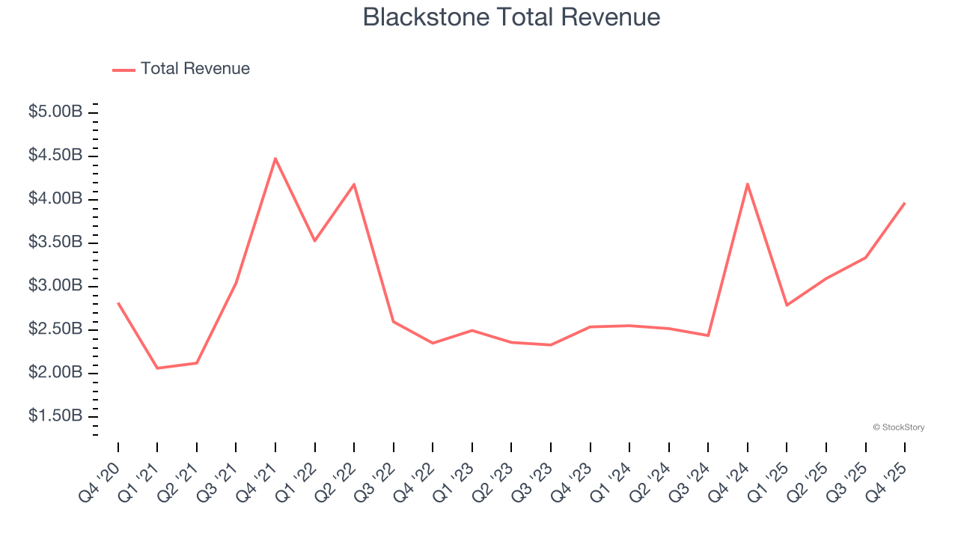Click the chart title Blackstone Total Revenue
[x=511, y=17]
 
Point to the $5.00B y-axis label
[x=55, y=112]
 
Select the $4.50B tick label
[x=55, y=156]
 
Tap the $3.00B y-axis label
[x=55, y=286]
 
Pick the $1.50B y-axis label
[x=55, y=416]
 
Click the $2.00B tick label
[x=55, y=373]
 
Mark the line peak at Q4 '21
[x=275, y=159]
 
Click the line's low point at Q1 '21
[x=157, y=368]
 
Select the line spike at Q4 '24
[x=748, y=183]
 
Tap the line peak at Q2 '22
[x=354, y=184]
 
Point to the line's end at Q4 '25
[x=905, y=203]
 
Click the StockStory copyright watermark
[x=899, y=427]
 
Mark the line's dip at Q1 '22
[x=315, y=240]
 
